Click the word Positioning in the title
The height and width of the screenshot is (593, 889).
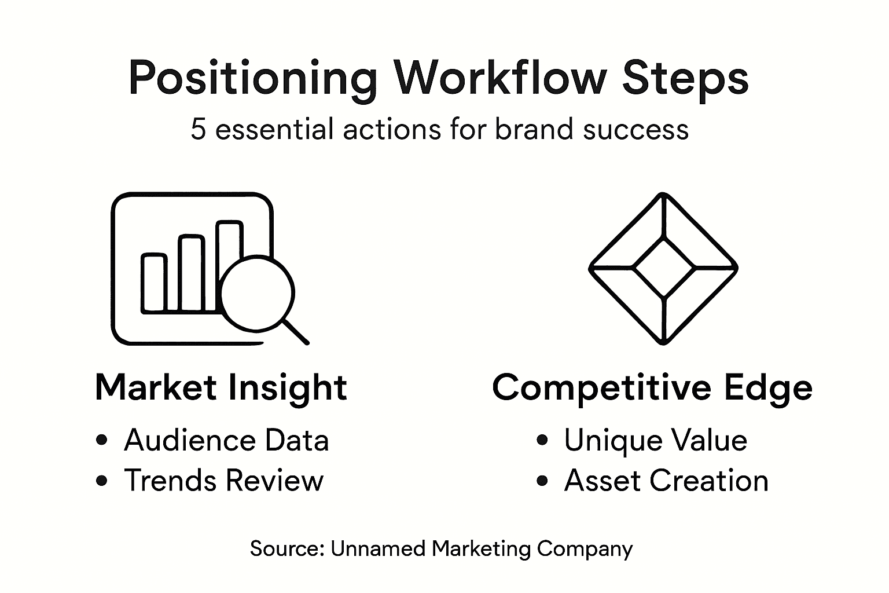point(253,78)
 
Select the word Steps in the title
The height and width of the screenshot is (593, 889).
point(685,78)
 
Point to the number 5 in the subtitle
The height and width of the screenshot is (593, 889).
point(198,129)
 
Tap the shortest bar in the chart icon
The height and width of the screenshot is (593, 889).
point(154,283)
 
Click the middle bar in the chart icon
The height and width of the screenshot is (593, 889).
point(192,273)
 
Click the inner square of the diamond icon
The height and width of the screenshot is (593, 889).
point(663,268)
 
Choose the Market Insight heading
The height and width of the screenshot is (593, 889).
point(221,387)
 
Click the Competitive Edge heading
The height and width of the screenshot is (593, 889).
point(652,387)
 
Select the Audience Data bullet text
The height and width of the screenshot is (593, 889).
point(226,440)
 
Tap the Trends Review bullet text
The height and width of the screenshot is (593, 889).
point(223,481)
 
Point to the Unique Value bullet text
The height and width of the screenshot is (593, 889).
point(655,440)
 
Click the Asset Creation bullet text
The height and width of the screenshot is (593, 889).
point(666,481)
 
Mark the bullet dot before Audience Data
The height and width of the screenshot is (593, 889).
point(102,440)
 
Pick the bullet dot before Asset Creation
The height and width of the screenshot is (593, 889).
point(542,481)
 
